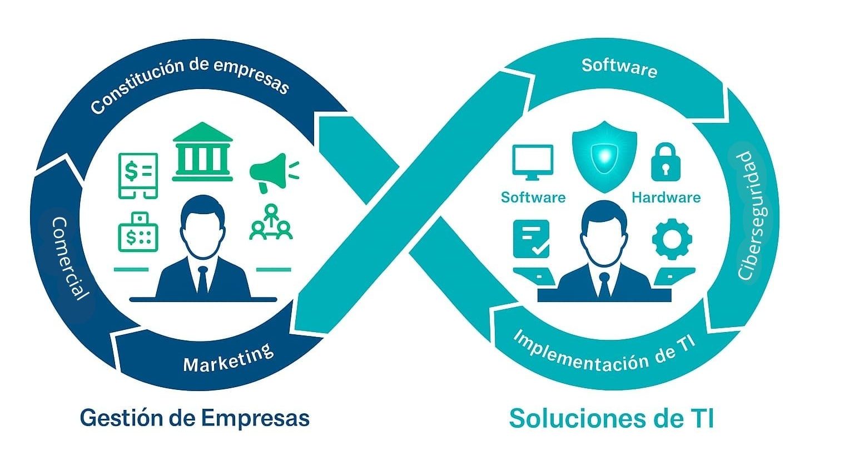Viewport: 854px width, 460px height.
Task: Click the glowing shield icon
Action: (x=604, y=156)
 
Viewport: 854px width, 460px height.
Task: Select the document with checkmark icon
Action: (x=531, y=238)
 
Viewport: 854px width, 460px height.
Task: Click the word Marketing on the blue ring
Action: (x=229, y=358)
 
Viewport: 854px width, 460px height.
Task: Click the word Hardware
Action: (x=666, y=197)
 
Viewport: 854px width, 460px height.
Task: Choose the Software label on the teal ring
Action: (x=619, y=67)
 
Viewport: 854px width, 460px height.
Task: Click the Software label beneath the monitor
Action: (x=533, y=197)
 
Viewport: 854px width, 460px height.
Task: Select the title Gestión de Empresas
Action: (x=194, y=417)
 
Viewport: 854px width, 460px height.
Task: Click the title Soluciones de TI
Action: (x=611, y=418)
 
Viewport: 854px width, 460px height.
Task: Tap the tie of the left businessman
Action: (x=202, y=279)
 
